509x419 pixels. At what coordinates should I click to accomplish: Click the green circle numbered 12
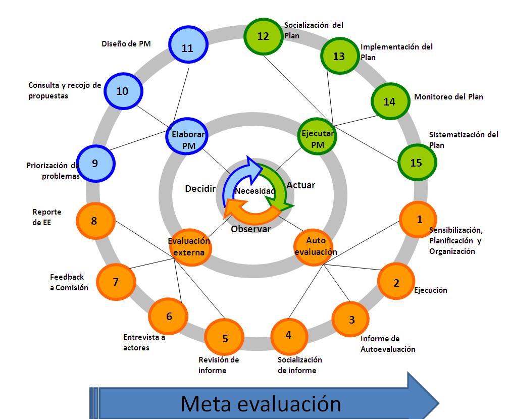tap(263, 36)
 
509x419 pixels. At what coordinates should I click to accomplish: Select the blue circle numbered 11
tap(187, 48)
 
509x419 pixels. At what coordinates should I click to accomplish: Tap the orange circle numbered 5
tap(225, 338)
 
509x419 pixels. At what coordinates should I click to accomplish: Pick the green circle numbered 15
tap(416, 163)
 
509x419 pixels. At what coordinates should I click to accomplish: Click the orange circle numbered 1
tap(419, 220)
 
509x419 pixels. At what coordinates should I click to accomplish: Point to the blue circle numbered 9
tap(95, 163)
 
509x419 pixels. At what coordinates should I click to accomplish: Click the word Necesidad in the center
tap(255, 191)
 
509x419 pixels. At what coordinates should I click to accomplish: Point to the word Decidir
tap(200, 189)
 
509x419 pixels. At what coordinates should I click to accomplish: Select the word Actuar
tap(300, 185)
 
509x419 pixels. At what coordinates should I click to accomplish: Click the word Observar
tap(250, 229)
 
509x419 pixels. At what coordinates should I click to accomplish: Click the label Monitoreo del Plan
tap(448, 97)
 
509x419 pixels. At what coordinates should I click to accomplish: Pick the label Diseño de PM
tap(126, 44)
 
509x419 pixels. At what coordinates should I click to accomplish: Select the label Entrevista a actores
tap(144, 342)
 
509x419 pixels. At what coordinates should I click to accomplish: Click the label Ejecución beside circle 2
tap(430, 290)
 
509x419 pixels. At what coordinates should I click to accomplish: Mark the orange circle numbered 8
tap(94, 221)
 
